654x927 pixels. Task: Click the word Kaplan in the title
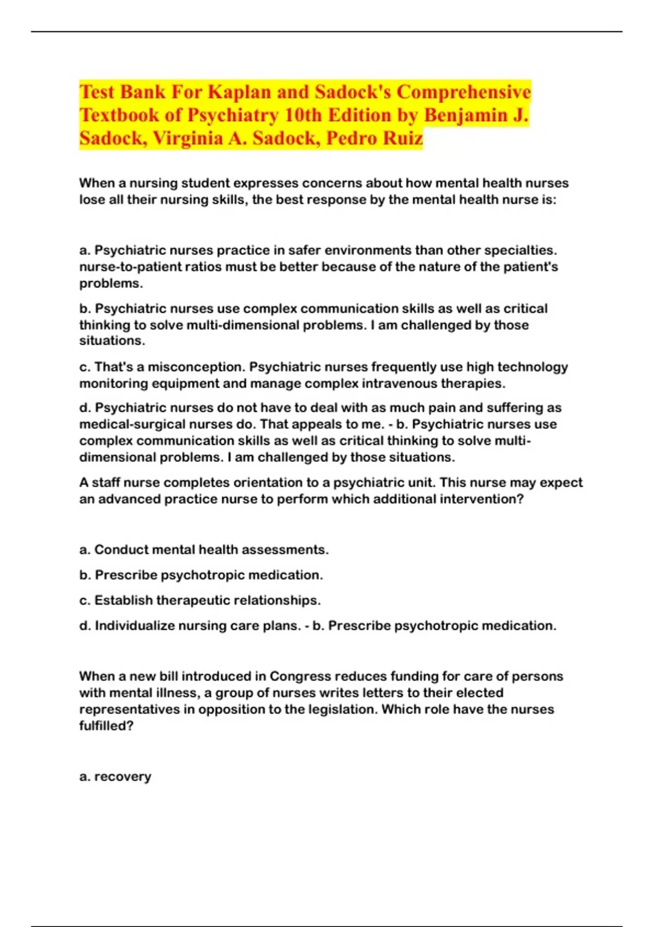click(239, 92)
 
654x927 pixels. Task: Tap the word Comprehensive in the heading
click(463, 92)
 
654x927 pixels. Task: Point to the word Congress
click(300, 676)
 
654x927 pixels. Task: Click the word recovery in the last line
click(122, 776)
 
